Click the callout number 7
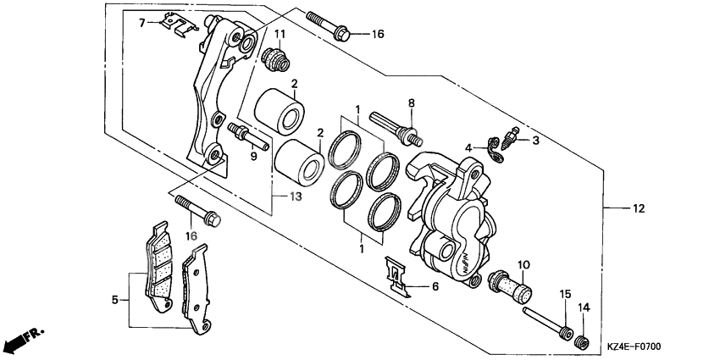click(143, 22)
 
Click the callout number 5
click(114, 299)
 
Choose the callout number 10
click(523, 263)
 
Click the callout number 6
click(435, 287)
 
